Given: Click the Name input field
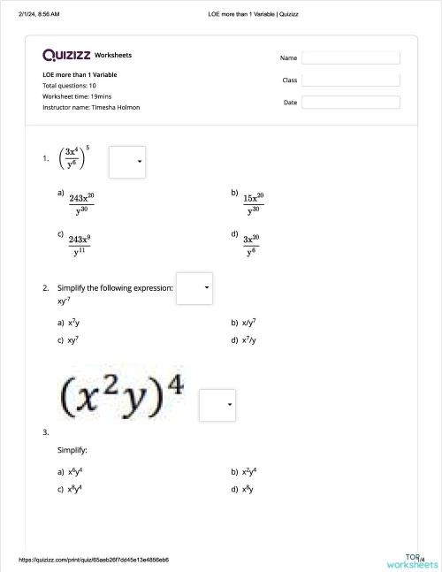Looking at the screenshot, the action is (351, 57).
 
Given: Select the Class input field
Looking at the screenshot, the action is (351, 80).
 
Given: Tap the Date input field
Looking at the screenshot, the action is (351, 103).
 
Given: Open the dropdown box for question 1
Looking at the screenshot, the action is (127, 161).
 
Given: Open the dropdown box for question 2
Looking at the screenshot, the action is (194, 288).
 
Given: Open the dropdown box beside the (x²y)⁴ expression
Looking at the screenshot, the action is (217, 405).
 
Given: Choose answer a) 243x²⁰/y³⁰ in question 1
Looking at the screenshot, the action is (81, 203).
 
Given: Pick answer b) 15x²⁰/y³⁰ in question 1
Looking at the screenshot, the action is (254, 203).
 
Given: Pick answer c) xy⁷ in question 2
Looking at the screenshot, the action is (74, 339).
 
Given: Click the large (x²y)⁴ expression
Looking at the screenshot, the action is (123, 395).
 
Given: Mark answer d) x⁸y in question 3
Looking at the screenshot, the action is (248, 488).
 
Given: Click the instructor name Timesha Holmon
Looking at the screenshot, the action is (115, 108).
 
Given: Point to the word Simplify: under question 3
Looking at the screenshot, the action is (72, 450).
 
